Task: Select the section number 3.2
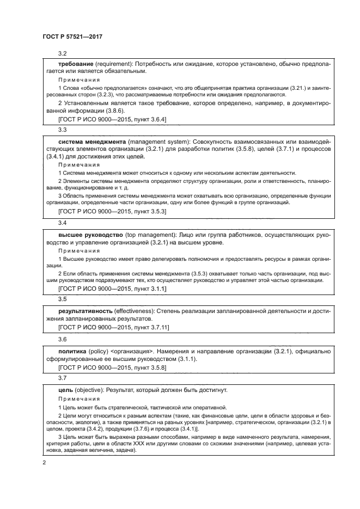pyautogui.click(x=62, y=53)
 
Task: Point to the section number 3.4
pyautogui.click(x=62, y=223)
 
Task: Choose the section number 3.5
pyautogui.click(x=62, y=299)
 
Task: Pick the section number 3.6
pyautogui.click(x=62, y=338)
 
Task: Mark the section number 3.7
pyautogui.click(x=62, y=377)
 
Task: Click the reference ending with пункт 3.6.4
pyautogui.click(x=112, y=118)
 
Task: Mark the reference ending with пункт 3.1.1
pyautogui.click(x=112, y=287)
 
